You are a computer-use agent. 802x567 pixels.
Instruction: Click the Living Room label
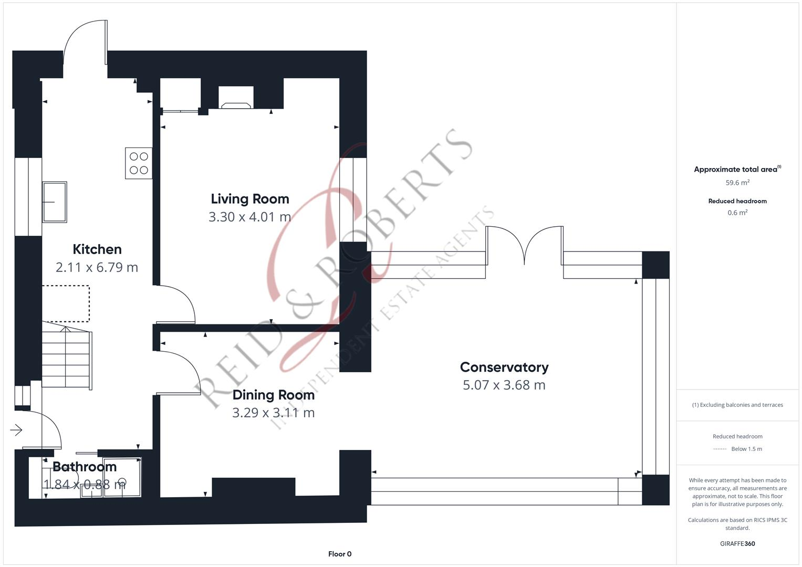tap(250, 199)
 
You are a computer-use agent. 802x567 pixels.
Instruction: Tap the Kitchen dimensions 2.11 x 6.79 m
tap(97, 267)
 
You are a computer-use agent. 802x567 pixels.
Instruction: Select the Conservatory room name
tap(504, 367)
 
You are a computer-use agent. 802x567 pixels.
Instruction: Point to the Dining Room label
tap(274, 395)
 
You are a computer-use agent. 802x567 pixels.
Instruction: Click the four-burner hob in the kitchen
tap(139, 163)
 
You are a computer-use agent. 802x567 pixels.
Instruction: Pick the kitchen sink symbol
tap(55, 202)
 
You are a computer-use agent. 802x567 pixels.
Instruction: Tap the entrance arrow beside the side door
tap(16, 430)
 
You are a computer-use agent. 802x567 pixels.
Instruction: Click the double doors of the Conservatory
tap(525, 244)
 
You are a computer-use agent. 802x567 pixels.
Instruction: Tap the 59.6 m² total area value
tap(737, 183)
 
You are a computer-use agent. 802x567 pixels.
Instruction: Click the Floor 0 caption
tap(340, 554)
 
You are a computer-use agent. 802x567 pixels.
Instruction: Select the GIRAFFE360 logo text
tap(737, 543)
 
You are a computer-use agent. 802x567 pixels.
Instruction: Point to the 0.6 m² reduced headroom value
tap(737, 213)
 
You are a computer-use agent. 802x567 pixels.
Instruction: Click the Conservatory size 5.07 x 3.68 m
tap(504, 385)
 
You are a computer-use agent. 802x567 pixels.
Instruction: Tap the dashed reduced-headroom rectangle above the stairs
tap(66, 303)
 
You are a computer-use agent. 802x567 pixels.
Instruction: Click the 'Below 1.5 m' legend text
tap(746, 449)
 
